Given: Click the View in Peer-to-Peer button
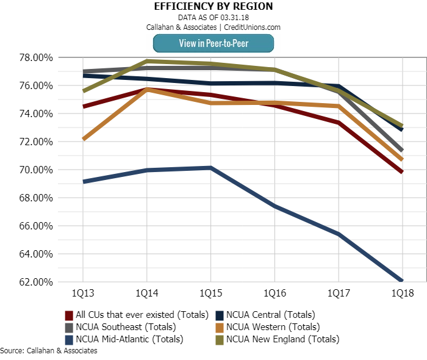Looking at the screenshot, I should click(x=213, y=43).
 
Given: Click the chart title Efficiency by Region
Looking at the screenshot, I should click(x=213, y=7).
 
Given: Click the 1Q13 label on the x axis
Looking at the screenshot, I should click(x=82, y=293).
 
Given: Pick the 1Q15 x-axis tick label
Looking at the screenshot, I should click(x=210, y=293).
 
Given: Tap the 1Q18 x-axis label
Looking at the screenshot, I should click(x=402, y=293).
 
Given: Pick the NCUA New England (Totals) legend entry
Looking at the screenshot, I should click(x=278, y=339).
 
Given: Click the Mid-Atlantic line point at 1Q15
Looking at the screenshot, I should click(x=210, y=168).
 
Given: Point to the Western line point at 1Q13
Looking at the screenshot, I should click(x=82, y=139).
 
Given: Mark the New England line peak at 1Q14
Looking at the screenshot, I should click(x=147, y=61).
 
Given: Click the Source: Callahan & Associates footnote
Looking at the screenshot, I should click(x=49, y=351).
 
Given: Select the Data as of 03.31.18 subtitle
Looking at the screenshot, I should click(x=213, y=17).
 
